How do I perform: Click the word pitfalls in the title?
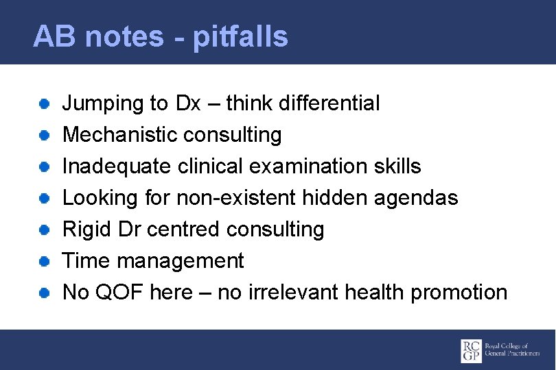tap(240, 36)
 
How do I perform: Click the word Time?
tap(86, 261)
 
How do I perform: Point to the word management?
tap(180, 261)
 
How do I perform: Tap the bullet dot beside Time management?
tap(43, 261)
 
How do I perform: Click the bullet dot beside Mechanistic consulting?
tap(43, 135)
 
